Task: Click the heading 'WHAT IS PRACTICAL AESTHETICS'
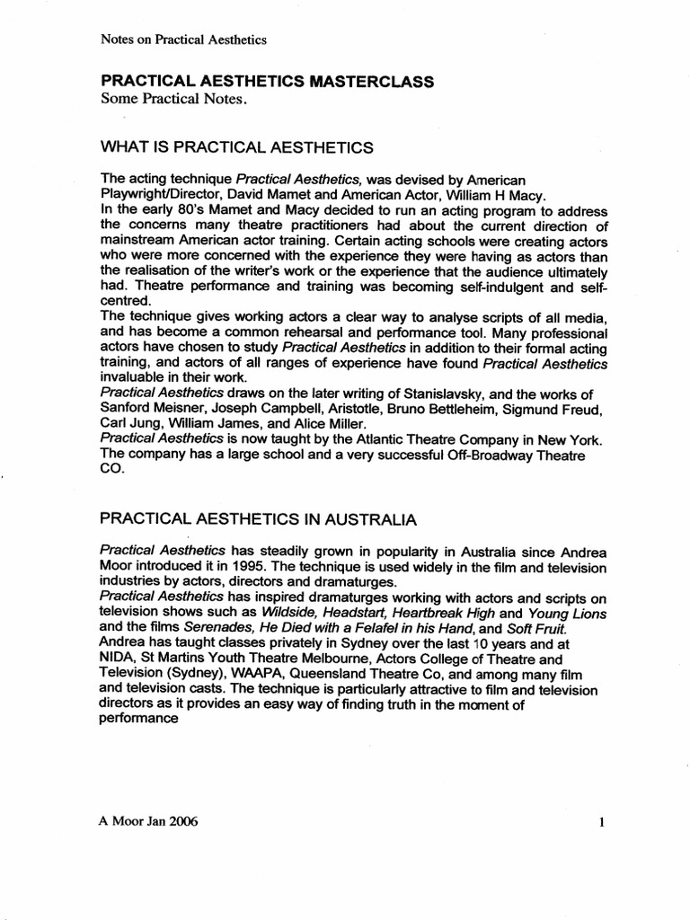point(237,147)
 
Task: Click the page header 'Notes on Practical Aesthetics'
point(183,39)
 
